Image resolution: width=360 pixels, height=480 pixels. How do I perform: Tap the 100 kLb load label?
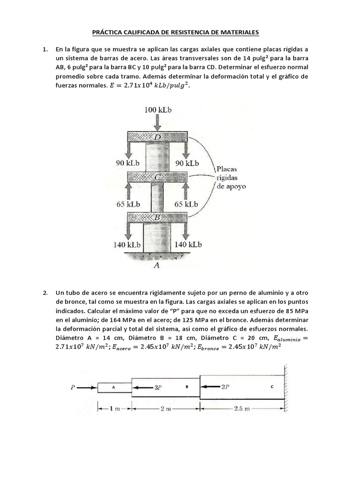pos(158,110)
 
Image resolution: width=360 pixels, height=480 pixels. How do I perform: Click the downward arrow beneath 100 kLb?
pos(158,123)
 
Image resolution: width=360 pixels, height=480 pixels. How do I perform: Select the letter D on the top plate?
pos(157,136)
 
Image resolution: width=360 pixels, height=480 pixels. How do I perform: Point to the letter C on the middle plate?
pos(157,177)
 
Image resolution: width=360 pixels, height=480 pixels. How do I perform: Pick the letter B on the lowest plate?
pos(157,217)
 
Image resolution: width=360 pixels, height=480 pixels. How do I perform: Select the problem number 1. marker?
pos(45,49)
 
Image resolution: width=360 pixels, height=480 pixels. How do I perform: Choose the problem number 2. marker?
pos(45,293)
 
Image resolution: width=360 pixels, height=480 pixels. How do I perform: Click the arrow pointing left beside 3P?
pos(142,388)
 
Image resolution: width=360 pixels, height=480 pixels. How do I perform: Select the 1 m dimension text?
pos(114,409)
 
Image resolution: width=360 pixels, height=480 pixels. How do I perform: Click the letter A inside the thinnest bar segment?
pos(113,387)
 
